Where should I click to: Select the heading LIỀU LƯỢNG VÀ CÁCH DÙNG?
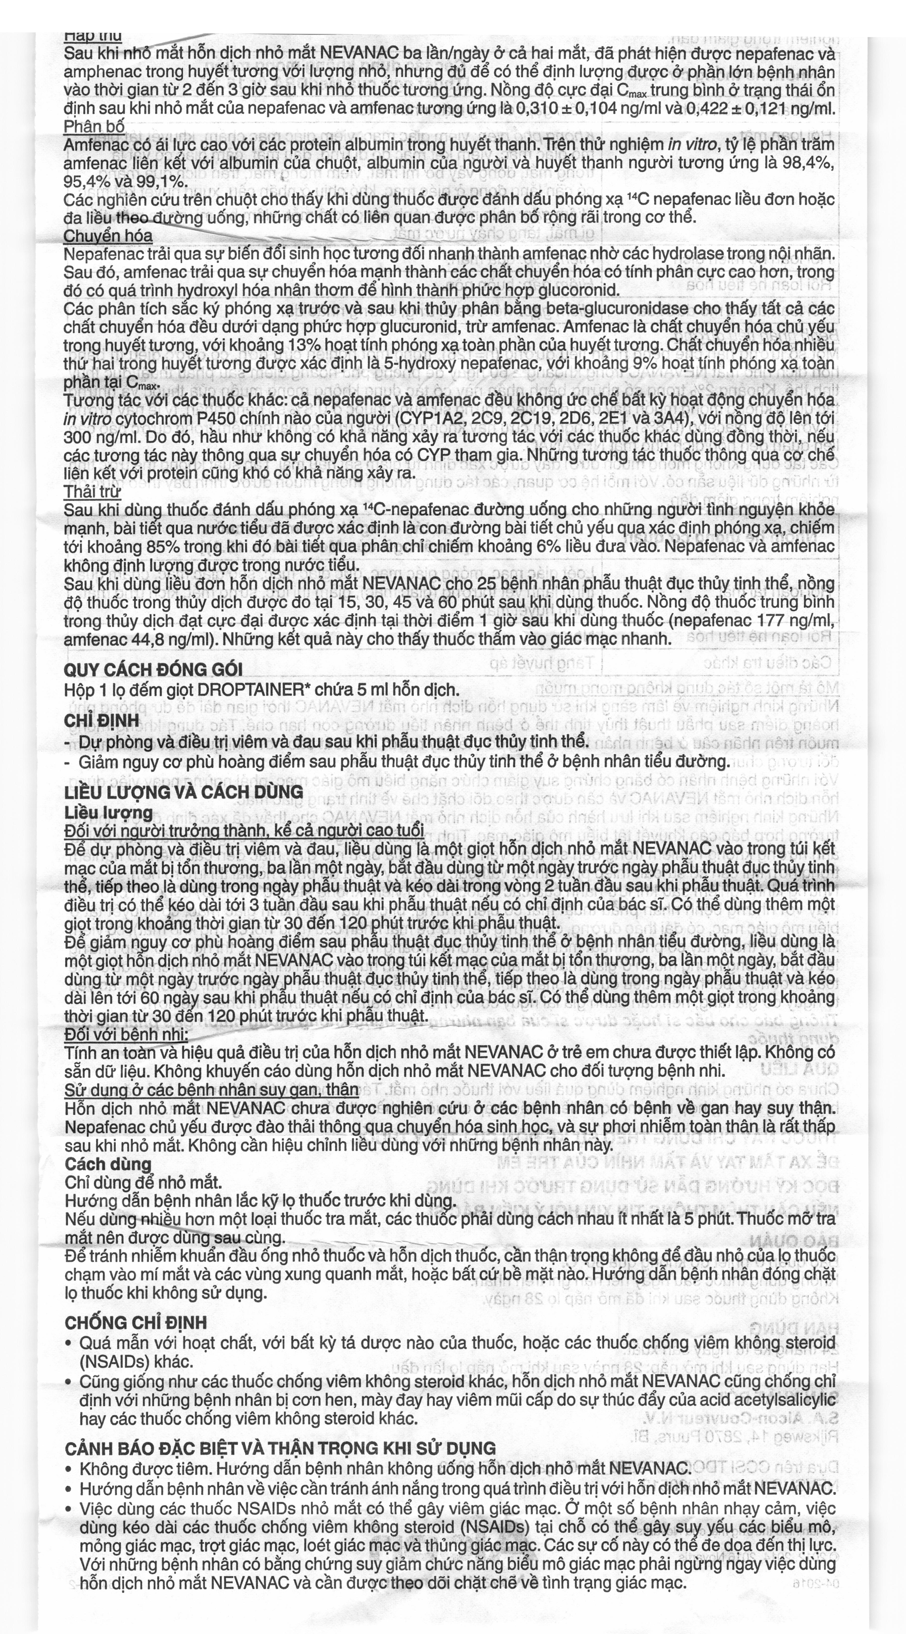coord(184,792)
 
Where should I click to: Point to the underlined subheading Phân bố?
coord(94,126)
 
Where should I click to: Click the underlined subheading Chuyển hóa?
coord(108,236)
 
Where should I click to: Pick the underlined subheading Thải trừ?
coord(92,491)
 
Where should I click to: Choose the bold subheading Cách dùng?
coord(108,1164)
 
